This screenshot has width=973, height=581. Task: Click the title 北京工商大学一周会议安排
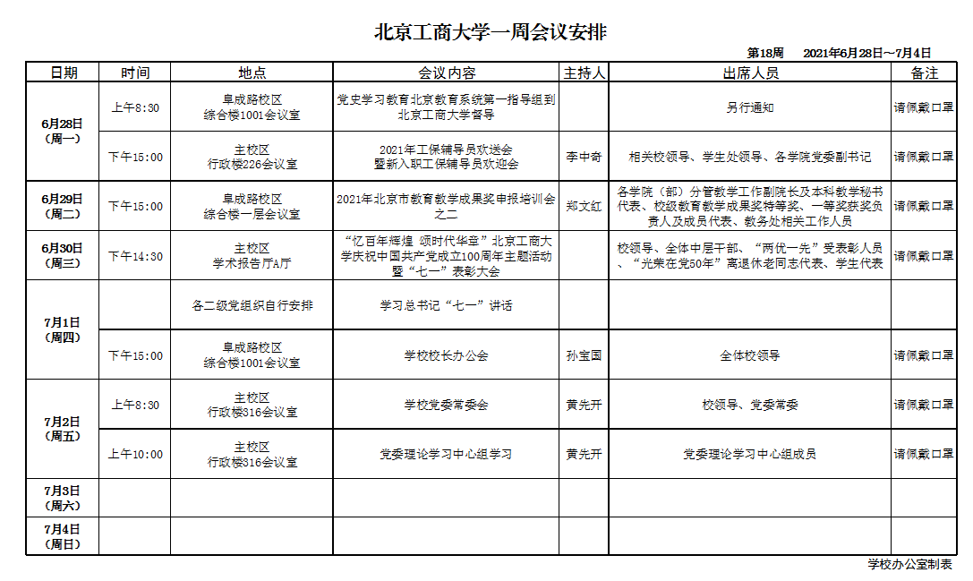tap(490, 33)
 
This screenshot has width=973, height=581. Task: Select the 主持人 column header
tap(584, 73)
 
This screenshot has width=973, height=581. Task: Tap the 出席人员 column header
tap(750, 73)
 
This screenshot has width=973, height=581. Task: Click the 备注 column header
tap(924, 73)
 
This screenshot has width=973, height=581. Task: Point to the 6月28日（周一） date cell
tap(62, 132)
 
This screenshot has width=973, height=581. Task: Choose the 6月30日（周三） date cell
tap(62, 255)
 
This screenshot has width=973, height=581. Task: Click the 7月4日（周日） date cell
tap(62, 535)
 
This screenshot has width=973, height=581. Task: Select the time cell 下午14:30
tap(135, 256)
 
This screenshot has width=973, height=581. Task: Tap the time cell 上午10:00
tap(135, 455)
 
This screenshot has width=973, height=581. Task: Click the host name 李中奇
tap(584, 157)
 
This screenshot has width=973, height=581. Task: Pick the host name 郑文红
tap(584, 206)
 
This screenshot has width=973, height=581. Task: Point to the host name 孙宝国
tap(584, 355)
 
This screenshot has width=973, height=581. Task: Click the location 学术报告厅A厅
tap(252, 263)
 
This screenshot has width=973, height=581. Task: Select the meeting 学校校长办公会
tap(446, 355)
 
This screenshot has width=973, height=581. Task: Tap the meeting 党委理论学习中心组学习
tap(446, 455)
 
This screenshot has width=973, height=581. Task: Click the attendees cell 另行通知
tap(750, 107)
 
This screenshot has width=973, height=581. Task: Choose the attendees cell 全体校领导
tap(750, 355)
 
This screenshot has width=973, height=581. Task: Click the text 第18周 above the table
tap(765, 53)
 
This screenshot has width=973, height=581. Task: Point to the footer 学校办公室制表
tap(909, 564)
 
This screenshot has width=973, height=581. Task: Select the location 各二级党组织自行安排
tap(252, 305)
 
